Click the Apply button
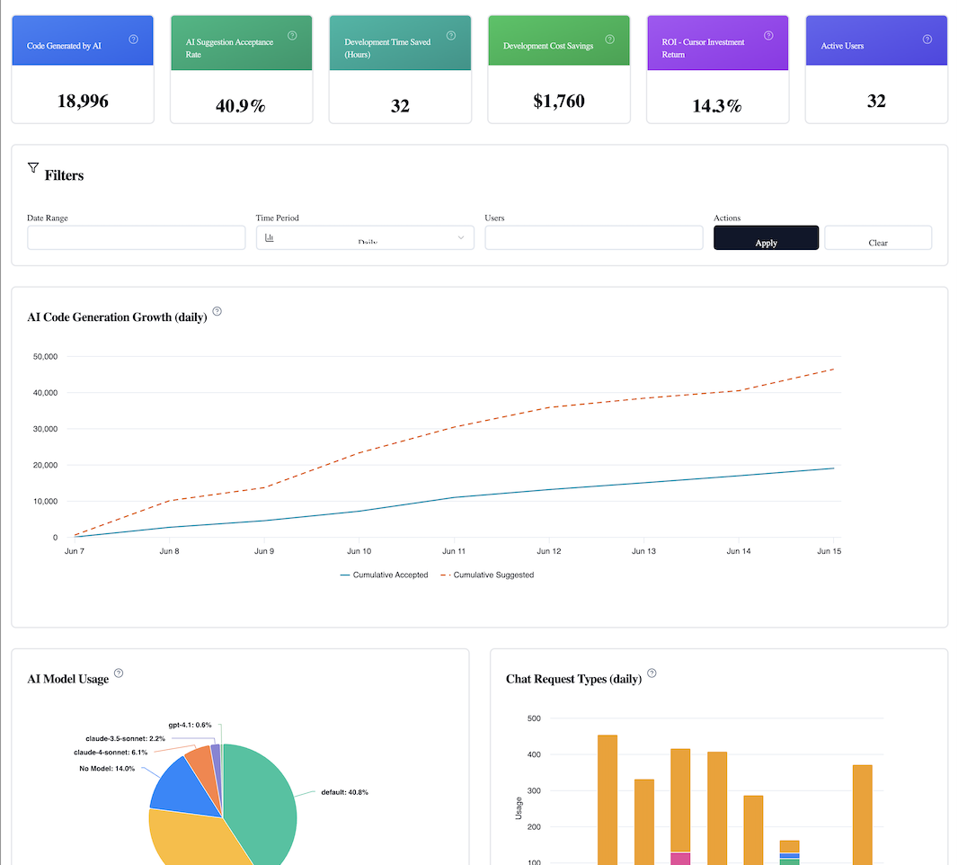(766, 238)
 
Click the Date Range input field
(136, 237)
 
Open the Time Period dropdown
(365, 237)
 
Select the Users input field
(593, 237)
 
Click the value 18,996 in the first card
(83, 101)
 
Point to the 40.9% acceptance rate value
(241, 106)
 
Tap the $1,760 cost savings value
(558, 101)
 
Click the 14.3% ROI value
(717, 106)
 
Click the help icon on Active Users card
(927, 40)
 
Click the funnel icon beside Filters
(33, 167)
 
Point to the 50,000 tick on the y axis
(44, 357)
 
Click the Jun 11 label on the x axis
(454, 550)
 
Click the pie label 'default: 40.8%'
(344, 792)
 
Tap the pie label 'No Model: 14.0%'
(107, 769)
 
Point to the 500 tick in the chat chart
(534, 718)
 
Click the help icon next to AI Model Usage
(119, 673)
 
